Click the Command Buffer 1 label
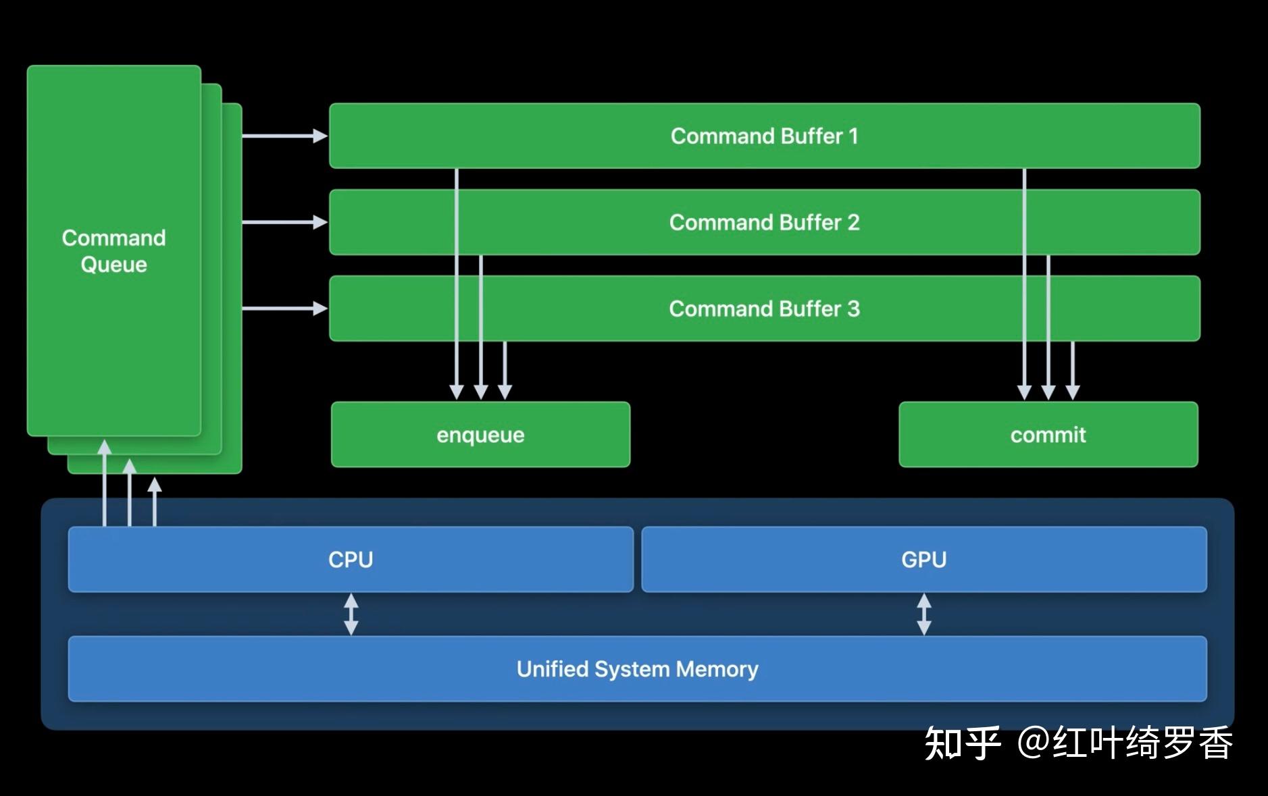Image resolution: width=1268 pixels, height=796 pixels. [764, 136]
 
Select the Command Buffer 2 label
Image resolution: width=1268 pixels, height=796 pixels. [764, 222]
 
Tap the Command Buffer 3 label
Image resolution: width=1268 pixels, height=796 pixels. [764, 309]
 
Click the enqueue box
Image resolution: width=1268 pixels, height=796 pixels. [480, 435]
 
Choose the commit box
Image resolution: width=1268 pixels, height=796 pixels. [1048, 435]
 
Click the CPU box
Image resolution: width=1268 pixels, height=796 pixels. [351, 559]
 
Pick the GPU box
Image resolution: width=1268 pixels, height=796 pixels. [923, 559]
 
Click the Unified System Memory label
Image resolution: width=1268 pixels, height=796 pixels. [637, 669]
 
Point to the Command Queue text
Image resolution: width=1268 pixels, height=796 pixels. [113, 250]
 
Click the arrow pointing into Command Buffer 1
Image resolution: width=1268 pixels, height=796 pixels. [284, 136]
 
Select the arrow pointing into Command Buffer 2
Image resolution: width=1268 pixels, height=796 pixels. [284, 222]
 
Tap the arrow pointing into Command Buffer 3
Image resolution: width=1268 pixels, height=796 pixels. [284, 309]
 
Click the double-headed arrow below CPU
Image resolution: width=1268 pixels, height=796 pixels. [351, 614]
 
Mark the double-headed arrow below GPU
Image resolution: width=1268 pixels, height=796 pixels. [923, 614]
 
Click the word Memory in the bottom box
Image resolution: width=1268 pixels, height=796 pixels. [717, 669]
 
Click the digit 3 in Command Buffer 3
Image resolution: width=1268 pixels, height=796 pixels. [853, 309]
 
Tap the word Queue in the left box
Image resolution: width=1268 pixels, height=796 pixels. [113, 265]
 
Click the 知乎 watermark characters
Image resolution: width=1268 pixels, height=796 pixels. [962, 743]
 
